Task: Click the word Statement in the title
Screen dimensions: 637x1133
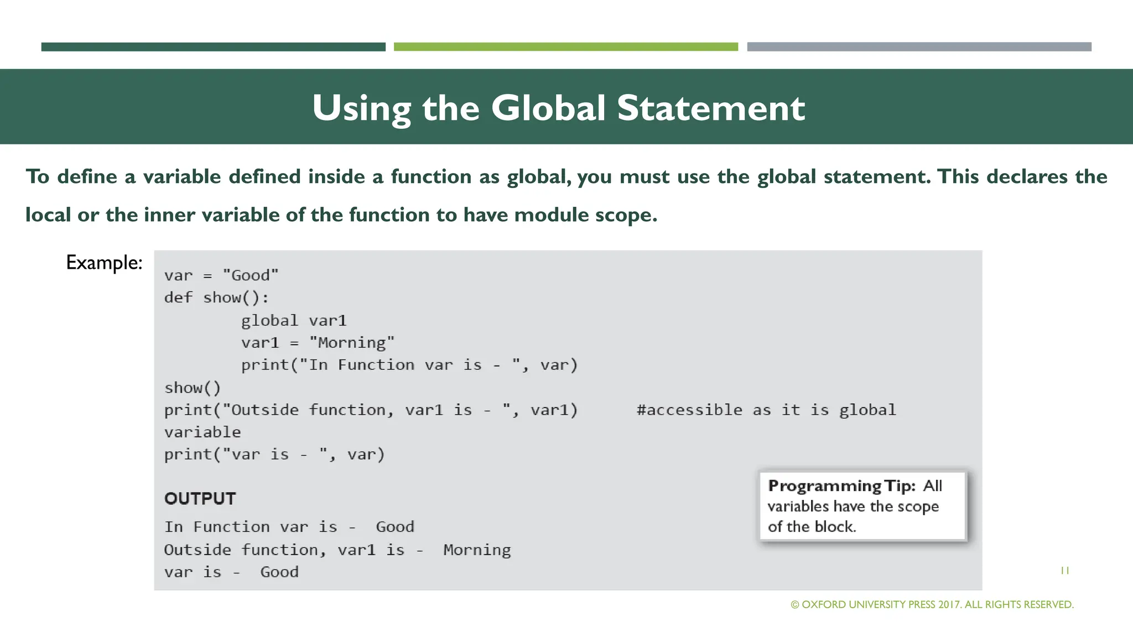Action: tap(710, 108)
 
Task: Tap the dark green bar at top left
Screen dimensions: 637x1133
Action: tap(213, 47)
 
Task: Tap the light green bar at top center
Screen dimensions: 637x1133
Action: tap(565, 47)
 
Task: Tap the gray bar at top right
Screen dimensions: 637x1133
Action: tap(919, 47)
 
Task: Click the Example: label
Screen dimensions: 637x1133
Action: tap(104, 263)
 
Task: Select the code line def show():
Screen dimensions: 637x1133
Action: tap(216, 298)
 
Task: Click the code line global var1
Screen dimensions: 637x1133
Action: tap(293, 321)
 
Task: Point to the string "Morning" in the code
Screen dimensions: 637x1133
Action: tap(351, 343)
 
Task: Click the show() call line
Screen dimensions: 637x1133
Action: tap(192, 388)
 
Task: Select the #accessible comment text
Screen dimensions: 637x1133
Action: tap(766, 410)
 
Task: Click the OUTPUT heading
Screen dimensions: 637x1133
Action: tap(200, 499)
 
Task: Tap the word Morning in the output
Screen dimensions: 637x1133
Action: tap(477, 550)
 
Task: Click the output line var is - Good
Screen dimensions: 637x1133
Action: tap(231, 572)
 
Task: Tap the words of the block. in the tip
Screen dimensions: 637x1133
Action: tap(812, 527)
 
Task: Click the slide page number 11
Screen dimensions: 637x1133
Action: tap(1064, 571)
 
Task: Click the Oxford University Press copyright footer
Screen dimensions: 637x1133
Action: tap(932, 605)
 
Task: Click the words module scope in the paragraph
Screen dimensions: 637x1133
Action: tap(585, 215)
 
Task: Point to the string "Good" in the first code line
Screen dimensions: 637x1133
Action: tap(250, 275)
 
